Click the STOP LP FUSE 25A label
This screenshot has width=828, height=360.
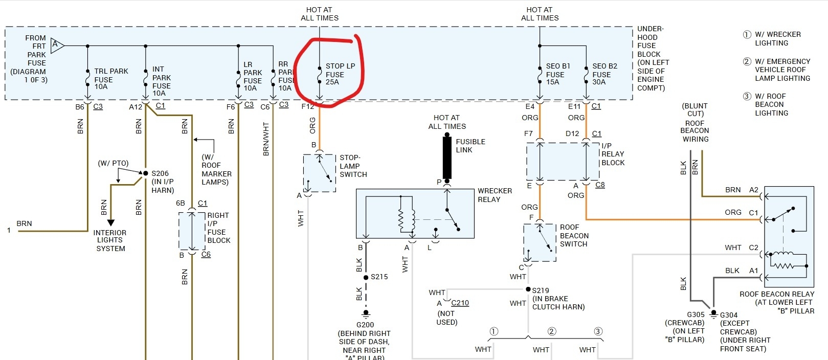[x=340, y=74]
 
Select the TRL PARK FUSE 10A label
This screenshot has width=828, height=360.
[x=110, y=79]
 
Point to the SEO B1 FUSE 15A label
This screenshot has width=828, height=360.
[x=557, y=74]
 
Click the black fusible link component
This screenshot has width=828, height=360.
[x=447, y=157]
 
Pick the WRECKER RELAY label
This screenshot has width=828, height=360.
[x=494, y=195]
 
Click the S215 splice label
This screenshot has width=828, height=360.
[x=379, y=277]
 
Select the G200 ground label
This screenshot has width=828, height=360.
[x=365, y=325]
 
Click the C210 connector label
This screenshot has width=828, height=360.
[x=460, y=303]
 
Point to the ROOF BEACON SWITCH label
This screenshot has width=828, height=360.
[x=574, y=235]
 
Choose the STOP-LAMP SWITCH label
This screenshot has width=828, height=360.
[x=353, y=166]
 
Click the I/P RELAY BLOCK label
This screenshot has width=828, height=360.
[x=613, y=154]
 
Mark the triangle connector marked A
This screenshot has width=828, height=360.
[x=57, y=46]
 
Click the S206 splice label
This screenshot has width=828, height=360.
[x=160, y=173]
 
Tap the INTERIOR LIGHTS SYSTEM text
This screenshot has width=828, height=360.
[x=110, y=240]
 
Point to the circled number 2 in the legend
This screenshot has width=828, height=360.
[x=747, y=61]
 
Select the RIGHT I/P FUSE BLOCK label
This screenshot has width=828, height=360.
[x=218, y=228]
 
